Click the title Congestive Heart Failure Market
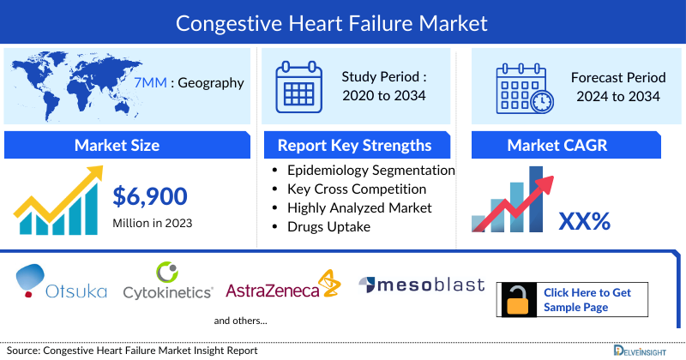(343, 21)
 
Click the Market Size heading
(116, 145)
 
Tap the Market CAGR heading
(569, 145)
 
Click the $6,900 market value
(150, 197)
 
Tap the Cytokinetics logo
(167, 284)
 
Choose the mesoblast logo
(421, 285)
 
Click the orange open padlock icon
(518, 299)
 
